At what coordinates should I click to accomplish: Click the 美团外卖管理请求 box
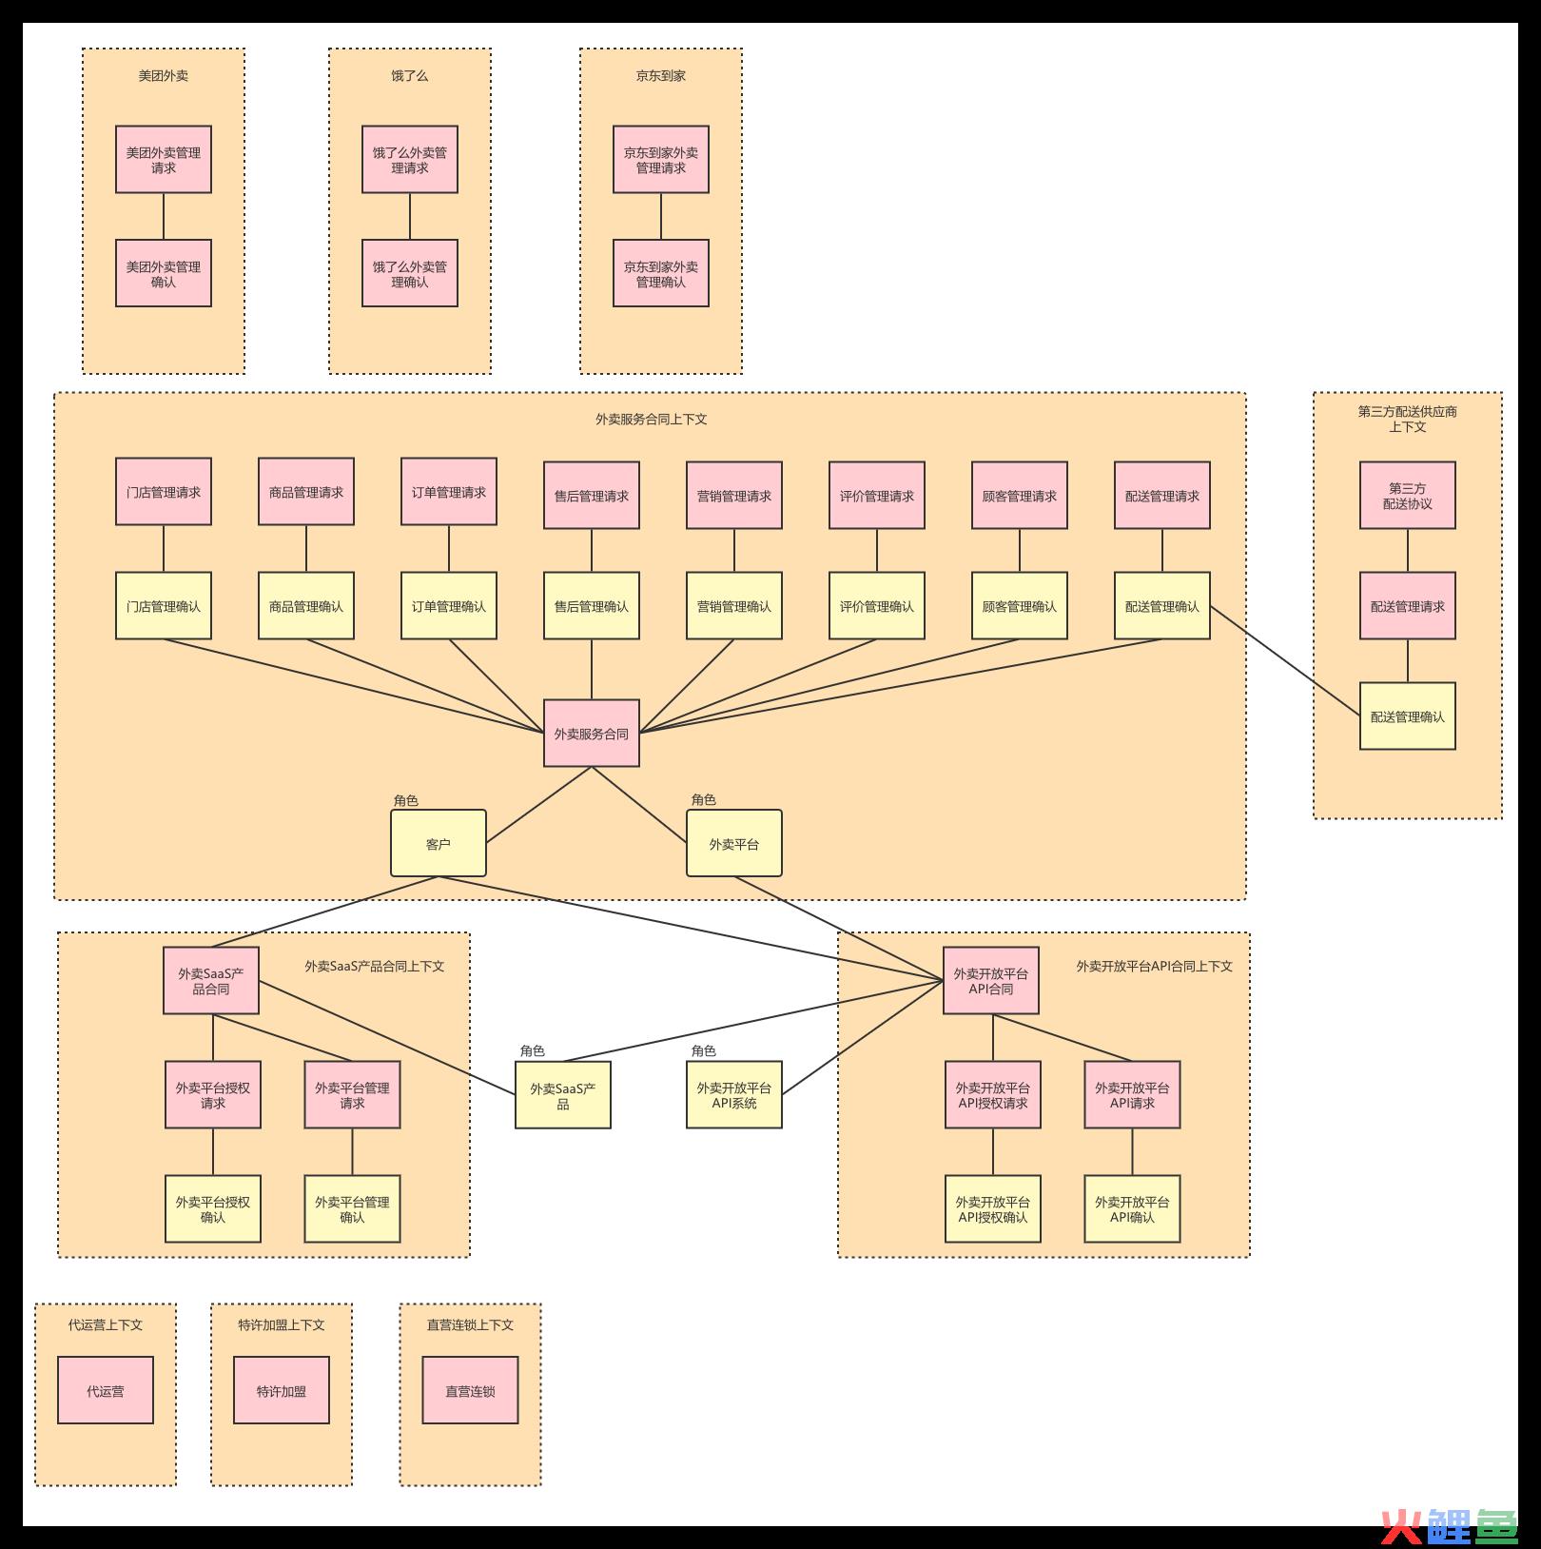coord(164,160)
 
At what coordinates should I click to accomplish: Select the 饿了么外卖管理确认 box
coord(410,274)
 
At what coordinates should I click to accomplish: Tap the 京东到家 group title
coord(661,76)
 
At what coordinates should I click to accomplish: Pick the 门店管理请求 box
coord(164,492)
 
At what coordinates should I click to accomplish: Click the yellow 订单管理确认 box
coord(449,606)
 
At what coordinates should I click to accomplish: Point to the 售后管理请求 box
coord(592,496)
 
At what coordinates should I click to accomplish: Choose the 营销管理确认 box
coord(734,606)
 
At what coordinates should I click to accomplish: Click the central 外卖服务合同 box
coord(592,734)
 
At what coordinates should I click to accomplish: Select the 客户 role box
coord(439,844)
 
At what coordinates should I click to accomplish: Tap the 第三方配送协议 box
coord(1408,496)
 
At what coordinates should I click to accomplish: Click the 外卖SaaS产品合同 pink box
coord(211,981)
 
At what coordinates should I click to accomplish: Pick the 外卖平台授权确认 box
coord(213,1209)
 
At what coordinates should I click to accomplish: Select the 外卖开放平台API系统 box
coord(734,1095)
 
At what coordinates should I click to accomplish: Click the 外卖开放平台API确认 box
coord(1132,1209)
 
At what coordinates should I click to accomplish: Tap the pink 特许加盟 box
coord(282,1391)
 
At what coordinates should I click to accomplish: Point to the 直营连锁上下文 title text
coord(470,1325)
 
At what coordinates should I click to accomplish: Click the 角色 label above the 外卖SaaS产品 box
coord(533,1050)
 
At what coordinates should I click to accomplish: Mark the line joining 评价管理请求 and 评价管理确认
coord(877,550)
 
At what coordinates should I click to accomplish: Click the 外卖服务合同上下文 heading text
coord(652,420)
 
